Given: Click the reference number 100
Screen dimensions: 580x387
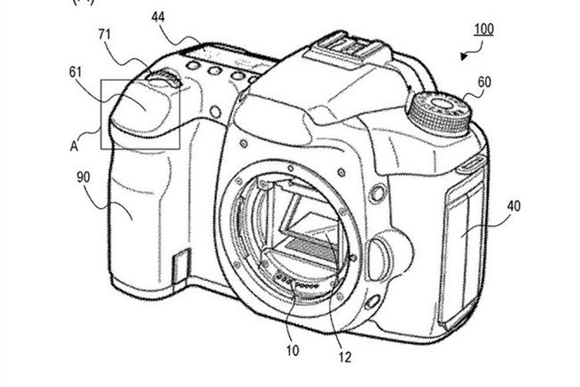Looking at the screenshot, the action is (484, 29).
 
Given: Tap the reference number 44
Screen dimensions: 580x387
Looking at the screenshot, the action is (158, 17).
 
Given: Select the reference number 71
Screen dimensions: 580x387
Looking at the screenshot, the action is (105, 34).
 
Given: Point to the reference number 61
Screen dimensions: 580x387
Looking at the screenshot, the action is (75, 72).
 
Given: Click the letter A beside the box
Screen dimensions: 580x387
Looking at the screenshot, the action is (74, 146).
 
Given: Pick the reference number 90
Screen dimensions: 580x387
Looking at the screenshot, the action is (83, 177).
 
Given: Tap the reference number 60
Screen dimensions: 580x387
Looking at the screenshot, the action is (485, 82).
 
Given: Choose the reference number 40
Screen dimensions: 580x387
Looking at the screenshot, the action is (514, 206).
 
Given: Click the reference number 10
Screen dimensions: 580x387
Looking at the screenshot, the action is (292, 350).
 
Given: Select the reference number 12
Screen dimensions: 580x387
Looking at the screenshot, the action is (344, 357).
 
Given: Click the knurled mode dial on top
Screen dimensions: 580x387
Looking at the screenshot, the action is (439, 113).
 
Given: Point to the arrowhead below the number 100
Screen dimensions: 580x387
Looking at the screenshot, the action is (464, 56).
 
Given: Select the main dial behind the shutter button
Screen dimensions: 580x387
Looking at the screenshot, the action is (164, 78).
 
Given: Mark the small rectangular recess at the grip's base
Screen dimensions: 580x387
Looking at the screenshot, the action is (182, 265).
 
